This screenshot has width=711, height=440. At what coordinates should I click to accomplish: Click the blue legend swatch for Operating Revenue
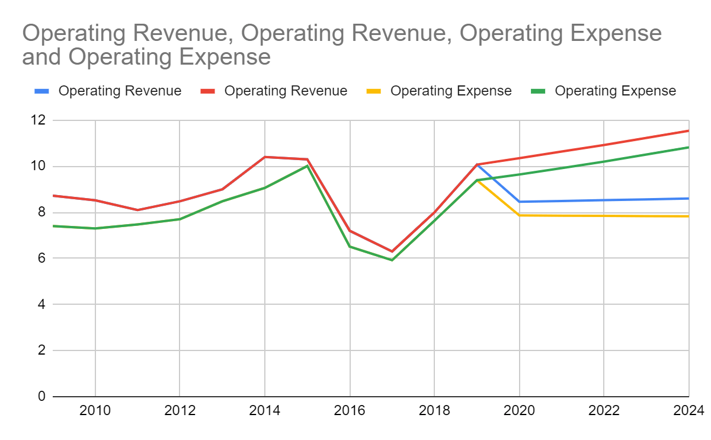(x=41, y=91)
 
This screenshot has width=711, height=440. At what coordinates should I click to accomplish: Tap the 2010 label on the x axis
(x=95, y=410)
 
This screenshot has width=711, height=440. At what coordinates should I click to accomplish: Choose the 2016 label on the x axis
(x=350, y=410)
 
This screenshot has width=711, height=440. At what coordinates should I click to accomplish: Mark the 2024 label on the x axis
(x=687, y=410)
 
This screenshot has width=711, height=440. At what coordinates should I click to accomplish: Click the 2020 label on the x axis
(x=519, y=410)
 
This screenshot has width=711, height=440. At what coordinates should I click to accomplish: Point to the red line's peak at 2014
(x=265, y=157)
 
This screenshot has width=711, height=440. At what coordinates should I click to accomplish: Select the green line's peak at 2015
(x=308, y=165)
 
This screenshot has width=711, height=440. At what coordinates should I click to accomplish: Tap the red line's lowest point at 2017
(x=392, y=251)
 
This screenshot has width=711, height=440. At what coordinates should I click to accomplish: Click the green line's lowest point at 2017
(x=392, y=260)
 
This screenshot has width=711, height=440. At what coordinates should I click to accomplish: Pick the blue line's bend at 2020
(x=519, y=202)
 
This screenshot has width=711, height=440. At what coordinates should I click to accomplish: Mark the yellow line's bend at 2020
(x=519, y=215)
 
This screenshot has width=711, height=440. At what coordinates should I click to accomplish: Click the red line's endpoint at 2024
(x=688, y=130)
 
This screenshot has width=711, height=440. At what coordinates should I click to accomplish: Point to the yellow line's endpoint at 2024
(x=688, y=216)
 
